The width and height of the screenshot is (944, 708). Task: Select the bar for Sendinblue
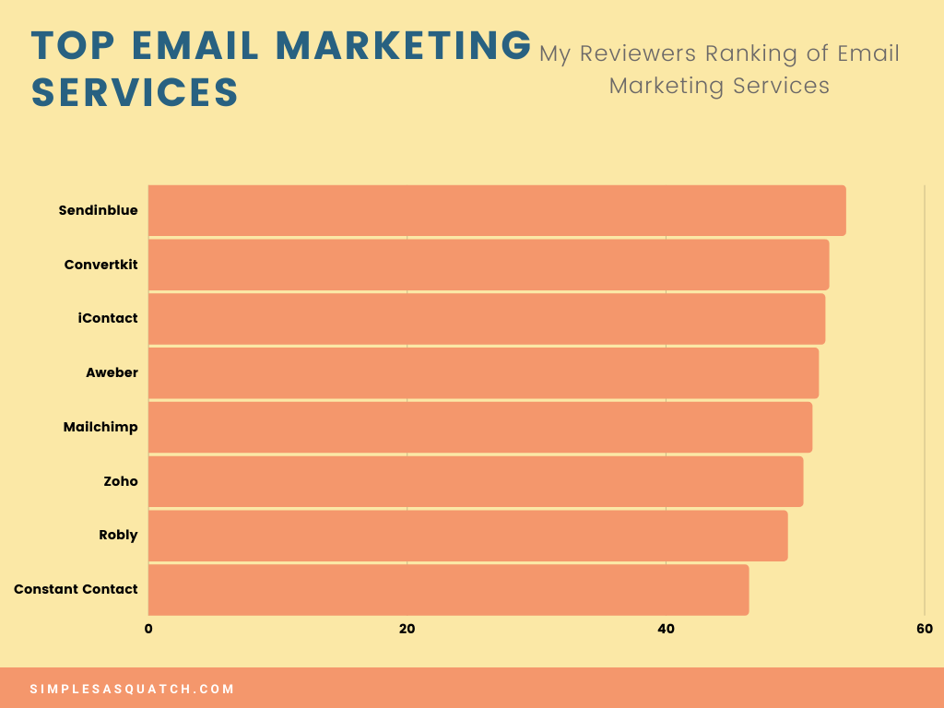click(x=497, y=211)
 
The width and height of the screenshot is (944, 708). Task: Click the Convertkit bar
click(x=489, y=265)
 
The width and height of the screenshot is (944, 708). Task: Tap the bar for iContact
click(x=487, y=319)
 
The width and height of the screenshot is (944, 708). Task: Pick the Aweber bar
click(x=483, y=373)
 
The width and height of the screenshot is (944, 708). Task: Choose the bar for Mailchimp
click(x=480, y=428)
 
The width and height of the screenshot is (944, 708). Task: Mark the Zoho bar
click(x=476, y=481)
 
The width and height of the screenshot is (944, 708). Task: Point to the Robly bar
click(x=467, y=536)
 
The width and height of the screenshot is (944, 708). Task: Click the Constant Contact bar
click(x=449, y=590)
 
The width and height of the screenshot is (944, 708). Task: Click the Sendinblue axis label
click(x=98, y=210)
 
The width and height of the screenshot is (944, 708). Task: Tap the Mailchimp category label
click(x=100, y=428)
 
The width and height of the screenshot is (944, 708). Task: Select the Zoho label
click(x=121, y=481)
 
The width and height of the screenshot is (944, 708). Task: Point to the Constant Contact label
click(x=76, y=589)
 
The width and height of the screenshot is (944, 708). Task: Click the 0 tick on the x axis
click(x=148, y=629)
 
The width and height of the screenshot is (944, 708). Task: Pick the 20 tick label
click(x=407, y=629)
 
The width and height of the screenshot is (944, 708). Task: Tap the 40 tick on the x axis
click(x=666, y=629)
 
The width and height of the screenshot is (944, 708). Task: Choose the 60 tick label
click(x=925, y=629)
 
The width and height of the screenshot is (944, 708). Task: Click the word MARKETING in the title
click(x=404, y=46)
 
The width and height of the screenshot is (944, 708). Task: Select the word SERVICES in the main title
click(x=135, y=92)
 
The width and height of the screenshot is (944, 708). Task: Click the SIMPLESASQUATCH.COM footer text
click(x=132, y=689)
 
